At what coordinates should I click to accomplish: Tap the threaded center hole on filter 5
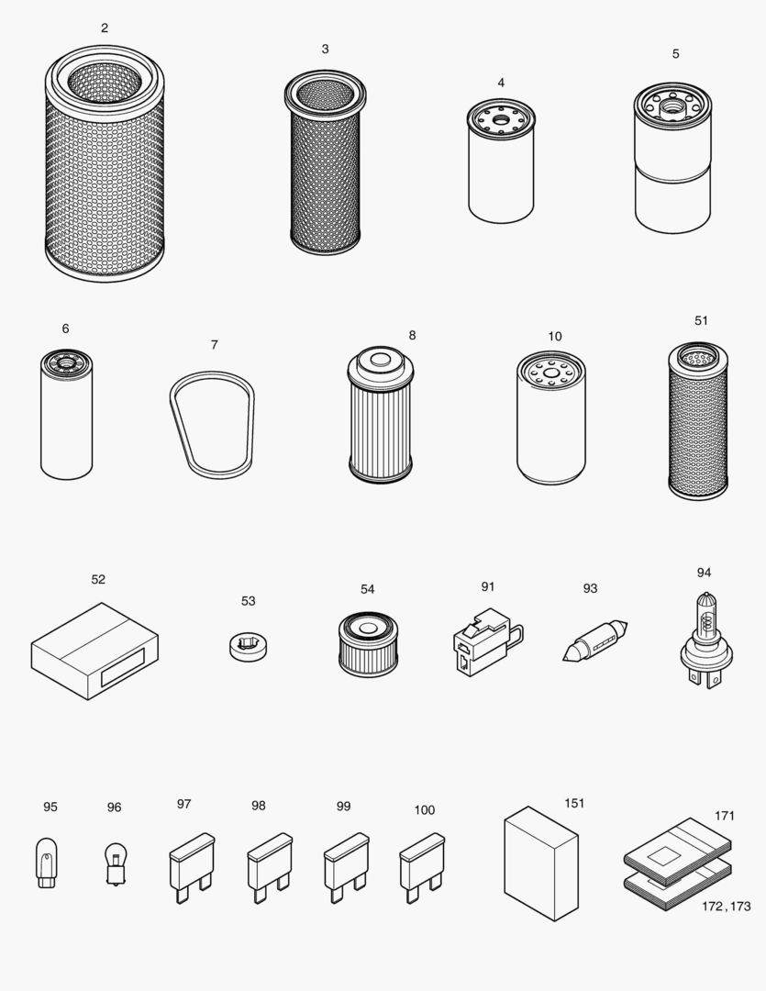672,107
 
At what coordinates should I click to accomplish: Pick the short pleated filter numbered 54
367,644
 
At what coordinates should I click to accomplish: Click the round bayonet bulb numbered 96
114,863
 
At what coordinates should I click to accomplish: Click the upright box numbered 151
541,863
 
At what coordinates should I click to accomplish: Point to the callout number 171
725,816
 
